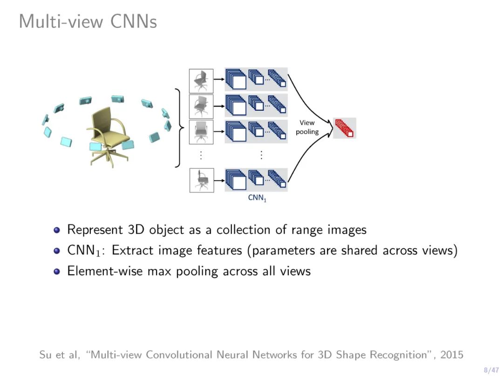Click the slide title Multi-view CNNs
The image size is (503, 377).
88,21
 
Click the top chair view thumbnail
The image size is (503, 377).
201,81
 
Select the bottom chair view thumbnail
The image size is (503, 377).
201,180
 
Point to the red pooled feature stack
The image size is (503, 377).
345,128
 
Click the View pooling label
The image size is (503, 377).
307,127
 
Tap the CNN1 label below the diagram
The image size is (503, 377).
257,198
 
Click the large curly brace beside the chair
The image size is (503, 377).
178,127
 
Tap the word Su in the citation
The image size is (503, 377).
45,355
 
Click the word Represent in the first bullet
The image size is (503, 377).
95,230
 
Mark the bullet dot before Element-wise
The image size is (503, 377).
57,271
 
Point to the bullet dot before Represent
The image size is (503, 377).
57,230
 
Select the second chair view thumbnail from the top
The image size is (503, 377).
201,106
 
